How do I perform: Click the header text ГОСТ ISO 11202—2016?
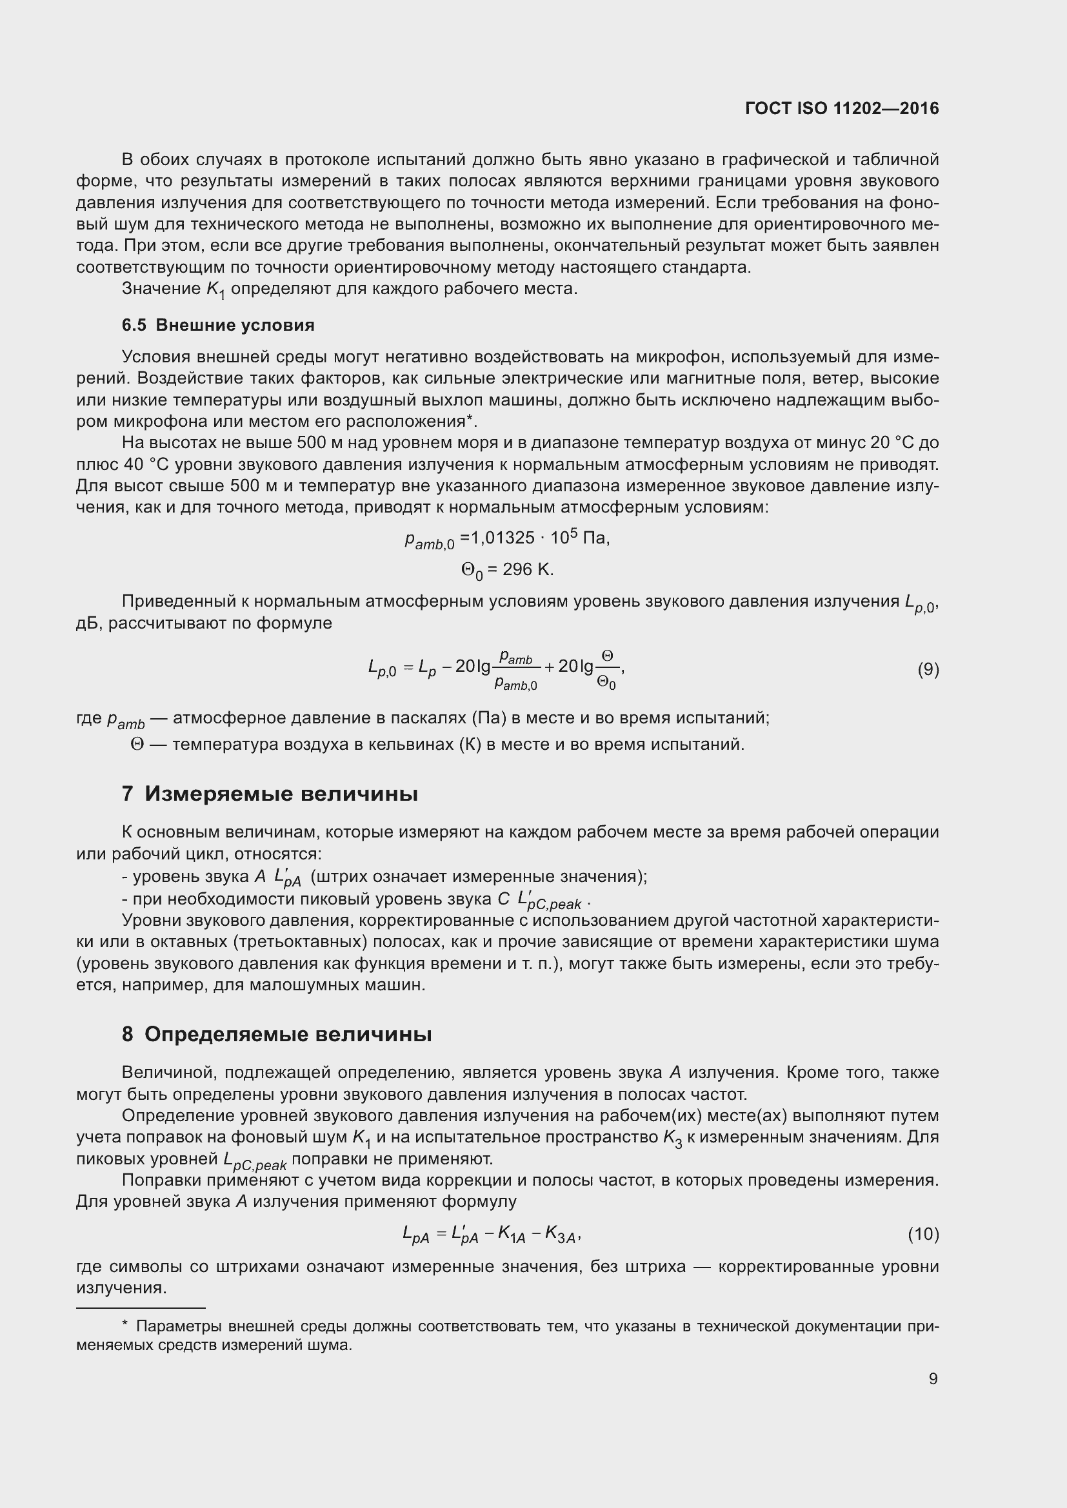click(x=842, y=108)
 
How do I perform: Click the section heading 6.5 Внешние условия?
click(x=218, y=325)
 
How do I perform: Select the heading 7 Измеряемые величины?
click(x=270, y=794)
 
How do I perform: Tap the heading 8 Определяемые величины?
click(x=277, y=1034)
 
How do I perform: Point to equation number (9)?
click(x=928, y=669)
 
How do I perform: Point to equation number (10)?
click(x=923, y=1234)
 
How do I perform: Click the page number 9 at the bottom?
click(x=933, y=1378)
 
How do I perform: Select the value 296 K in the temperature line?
click(x=528, y=569)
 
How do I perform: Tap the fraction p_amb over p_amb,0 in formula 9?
click(x=516, y=670)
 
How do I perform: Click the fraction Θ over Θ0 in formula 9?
click(x=606, y=670)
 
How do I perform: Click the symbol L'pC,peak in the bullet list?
click(x=549, y=900)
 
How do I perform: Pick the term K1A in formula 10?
click(x=512, y=1235)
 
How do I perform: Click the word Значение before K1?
click(x=161, y=289)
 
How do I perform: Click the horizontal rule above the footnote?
click(x=141, y=1307)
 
